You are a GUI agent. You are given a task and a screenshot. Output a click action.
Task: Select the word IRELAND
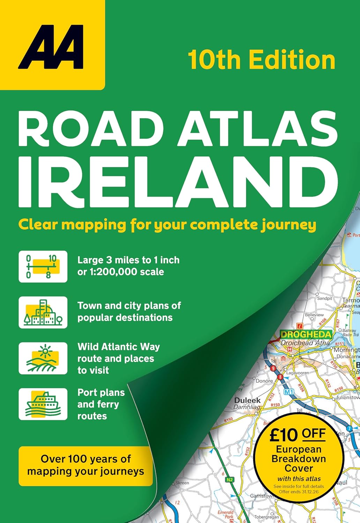point(178,183)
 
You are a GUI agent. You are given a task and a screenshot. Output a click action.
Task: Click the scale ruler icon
point(43,266)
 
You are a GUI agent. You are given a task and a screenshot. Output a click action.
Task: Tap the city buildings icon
point(43,312)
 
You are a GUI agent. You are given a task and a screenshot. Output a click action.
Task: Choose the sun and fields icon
point(43,358)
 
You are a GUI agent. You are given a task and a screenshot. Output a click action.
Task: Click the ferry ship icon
point(43,404)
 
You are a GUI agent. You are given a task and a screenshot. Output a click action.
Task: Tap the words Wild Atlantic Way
point(119,347)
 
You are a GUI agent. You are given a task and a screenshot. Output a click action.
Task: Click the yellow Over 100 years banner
point(85,465)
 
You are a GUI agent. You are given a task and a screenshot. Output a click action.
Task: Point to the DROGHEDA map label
point(306,334)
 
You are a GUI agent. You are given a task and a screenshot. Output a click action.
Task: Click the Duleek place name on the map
point(247,400)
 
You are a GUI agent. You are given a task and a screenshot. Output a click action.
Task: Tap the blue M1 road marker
point(288,392)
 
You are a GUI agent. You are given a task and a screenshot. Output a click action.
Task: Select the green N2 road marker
point(230,480)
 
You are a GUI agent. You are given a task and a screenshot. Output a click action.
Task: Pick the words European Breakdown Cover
point(299,458)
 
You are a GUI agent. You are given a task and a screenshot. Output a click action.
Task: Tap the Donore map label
point(264,381)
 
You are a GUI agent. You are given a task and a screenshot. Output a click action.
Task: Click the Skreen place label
point(182,483)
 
